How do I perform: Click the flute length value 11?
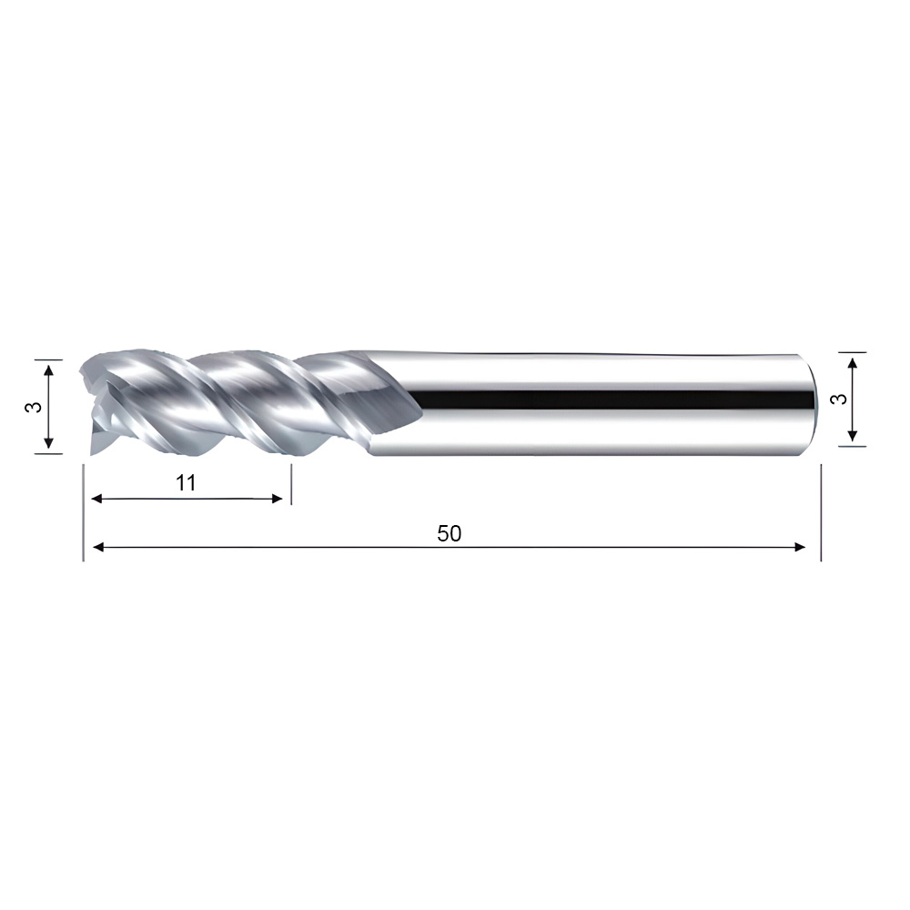click(x=186, y=483)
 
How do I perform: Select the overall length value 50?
click(x=450, y=533)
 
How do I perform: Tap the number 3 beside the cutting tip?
click(x=34, y=407)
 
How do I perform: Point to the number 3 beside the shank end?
click(x=839, y=399)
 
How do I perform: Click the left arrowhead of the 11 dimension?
click(x=97, y=499)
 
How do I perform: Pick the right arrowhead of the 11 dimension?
click(x=277, y=499)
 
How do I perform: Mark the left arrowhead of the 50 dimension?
click(x=98, y=547)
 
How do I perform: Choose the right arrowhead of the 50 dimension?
click(x=799, y=547)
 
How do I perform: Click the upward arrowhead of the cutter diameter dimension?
click(x=49, y=370)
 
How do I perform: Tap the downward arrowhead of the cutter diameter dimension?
click(x=49, y=443)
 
